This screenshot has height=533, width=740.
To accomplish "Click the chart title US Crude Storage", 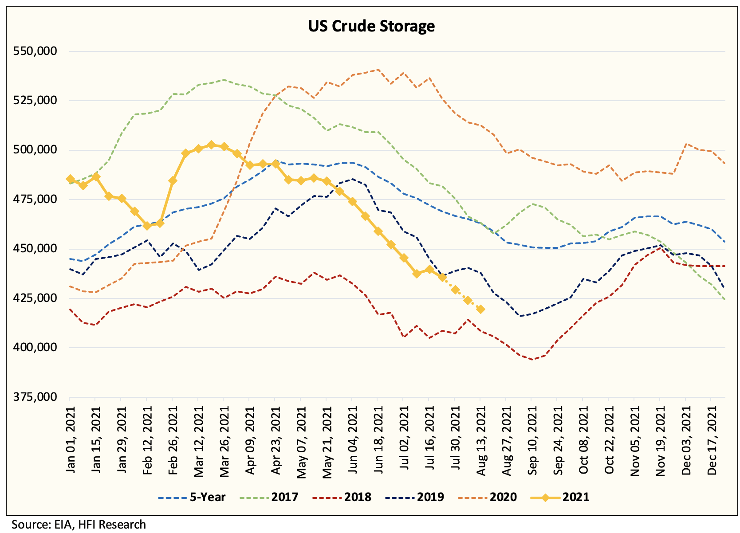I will coord(371,27).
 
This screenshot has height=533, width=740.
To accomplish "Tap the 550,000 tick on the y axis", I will coord(35,51).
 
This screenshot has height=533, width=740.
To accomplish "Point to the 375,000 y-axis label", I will coord(35,397).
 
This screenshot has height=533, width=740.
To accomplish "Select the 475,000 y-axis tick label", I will coord(35,200).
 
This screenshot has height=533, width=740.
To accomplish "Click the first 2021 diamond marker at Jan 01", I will coord(70,179).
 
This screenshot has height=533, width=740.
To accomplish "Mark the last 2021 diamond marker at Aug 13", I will coord(480,310).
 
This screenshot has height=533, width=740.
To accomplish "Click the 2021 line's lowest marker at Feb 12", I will coord(147,226).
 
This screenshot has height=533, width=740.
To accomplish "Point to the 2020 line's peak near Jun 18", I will coord(378,70).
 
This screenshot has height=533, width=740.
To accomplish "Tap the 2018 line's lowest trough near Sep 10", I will coord(532,359).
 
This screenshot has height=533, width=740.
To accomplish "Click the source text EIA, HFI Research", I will coord(79,525).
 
